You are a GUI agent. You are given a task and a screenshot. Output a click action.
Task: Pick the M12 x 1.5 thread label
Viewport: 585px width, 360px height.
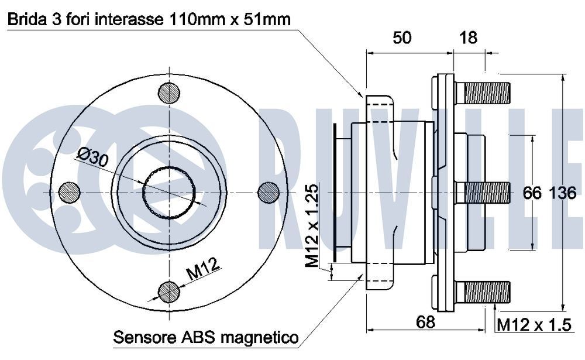(x=533, y=325)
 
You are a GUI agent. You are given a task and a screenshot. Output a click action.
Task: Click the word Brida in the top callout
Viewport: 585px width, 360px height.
(x=26, y=19)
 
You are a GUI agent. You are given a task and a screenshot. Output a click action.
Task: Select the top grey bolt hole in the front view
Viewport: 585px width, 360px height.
(x=169, y=92)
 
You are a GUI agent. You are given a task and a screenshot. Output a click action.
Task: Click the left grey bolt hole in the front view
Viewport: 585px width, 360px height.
(x=70, y=191)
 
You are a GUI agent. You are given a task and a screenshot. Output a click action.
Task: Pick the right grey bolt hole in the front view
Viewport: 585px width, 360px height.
(x=269, y=191)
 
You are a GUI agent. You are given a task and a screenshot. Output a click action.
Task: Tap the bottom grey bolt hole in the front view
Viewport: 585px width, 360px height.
(x=169, y=290)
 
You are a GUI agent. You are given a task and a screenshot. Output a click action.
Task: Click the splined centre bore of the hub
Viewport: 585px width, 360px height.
(x=169, y=191)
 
